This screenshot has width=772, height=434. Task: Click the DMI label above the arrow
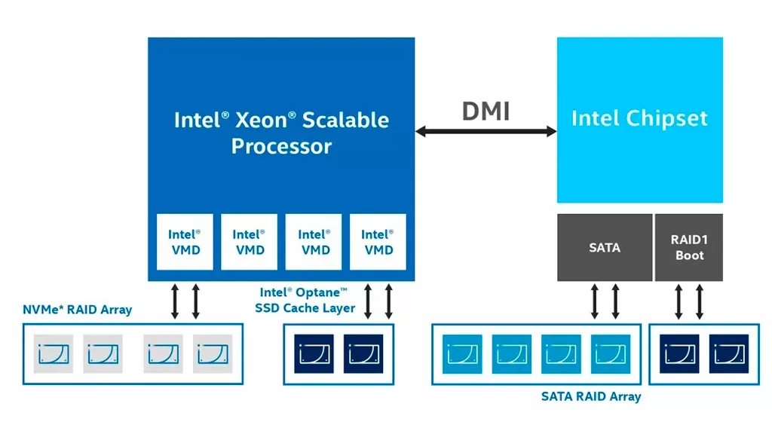(x=486, y=111)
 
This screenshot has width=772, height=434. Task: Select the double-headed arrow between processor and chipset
(x=486, y=132)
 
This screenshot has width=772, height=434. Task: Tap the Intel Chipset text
(x=639, y=118)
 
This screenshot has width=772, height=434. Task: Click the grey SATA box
(x=604, y=247)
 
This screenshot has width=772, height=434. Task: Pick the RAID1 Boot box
(x=689, y=247)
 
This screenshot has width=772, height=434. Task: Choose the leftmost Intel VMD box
(x=184, y=242)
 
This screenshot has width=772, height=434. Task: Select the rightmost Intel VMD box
(x=378, y=242)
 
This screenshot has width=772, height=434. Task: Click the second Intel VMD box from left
(x=249, y=242)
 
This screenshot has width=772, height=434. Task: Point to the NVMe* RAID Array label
(x=78, y=309)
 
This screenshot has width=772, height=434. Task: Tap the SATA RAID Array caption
(x=591, y=396)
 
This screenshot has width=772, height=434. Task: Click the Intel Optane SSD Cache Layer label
(x=305, y=300)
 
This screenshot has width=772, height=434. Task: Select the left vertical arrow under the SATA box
(x=594, y=301)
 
